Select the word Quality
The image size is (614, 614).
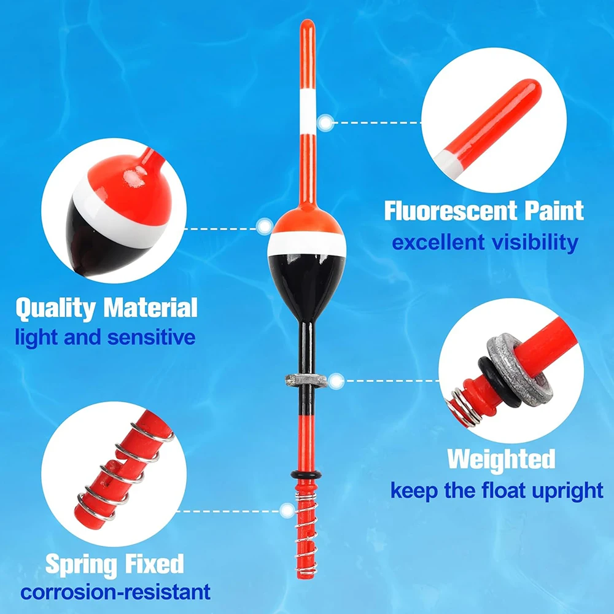[56, 309]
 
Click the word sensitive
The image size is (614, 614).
[151, 337]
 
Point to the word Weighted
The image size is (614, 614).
[501, 459]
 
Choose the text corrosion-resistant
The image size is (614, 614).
[115, 592]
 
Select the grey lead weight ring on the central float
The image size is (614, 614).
[306, 380]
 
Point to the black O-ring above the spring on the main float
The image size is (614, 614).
[306, 475]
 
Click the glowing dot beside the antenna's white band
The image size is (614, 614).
[326, 123]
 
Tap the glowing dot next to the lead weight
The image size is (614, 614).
[336, 381]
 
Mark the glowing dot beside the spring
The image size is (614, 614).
[287, 511]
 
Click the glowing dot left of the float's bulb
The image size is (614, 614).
[265, 227]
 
